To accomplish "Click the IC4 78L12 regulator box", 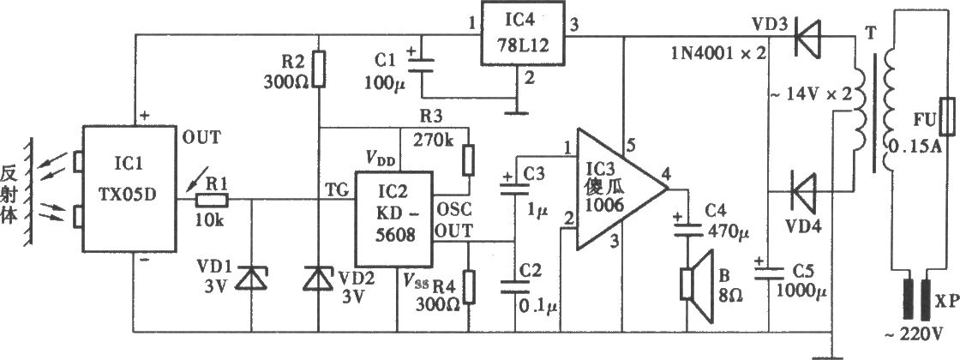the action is [x=522, y=34].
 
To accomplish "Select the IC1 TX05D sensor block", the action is [x=129, y=189].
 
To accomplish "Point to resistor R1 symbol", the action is [x=211, y=199].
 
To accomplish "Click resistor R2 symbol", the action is [x=319, y=69].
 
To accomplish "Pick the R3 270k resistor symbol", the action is [x=468, y=160].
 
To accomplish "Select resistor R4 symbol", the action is [x=468, y=287].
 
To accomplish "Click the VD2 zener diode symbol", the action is [x=319, y=279].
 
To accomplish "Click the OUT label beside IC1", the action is [x=201, y=138].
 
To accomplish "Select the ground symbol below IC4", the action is [x=518, y=112].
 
